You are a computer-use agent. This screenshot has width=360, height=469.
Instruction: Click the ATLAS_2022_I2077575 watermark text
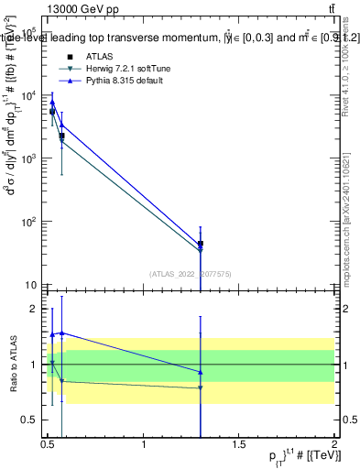(191, 273)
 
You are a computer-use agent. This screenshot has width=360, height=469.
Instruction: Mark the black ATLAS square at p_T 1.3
(201, 245)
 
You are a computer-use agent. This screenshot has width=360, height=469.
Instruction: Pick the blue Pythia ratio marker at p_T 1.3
(201, 372)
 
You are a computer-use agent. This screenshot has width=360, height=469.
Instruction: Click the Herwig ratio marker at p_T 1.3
(201, 387)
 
